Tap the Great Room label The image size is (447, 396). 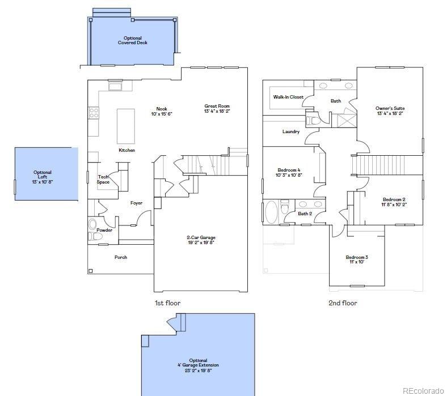point(217,106)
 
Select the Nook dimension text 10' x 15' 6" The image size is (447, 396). point(162,114)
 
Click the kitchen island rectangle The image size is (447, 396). point(126,126)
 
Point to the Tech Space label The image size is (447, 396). point(103,179)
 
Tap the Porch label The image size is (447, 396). point(121,257)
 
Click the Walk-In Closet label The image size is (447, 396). point(288,97)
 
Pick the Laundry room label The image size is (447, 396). point(291,132)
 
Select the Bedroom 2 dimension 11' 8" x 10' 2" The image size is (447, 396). point(394,204)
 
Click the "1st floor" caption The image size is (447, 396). point(167,303)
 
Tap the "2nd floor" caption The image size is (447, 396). point(343,303)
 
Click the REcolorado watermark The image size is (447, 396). point(423,390)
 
